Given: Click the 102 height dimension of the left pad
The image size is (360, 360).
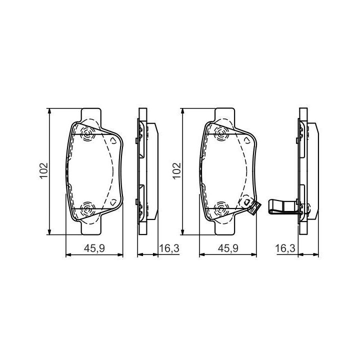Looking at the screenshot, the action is tap(43, 170).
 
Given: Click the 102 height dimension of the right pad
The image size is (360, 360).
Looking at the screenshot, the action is tap(177, 170).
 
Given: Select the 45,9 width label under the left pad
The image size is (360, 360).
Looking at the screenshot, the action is tap(94, 248).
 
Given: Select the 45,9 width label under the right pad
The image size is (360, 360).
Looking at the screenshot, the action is tap(228, 248).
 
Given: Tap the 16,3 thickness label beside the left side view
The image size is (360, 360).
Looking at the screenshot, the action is tap(169, 248).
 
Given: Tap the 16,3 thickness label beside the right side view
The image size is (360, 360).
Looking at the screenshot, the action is tap(285, 248).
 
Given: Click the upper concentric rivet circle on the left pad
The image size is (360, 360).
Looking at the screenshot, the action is tap(87, 133).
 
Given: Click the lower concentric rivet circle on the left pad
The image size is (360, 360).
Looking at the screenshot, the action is tap(87, 209).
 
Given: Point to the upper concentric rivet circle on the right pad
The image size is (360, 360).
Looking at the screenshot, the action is tap(221, 133).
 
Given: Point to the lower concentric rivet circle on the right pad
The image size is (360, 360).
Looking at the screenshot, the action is tap(221, 209).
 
